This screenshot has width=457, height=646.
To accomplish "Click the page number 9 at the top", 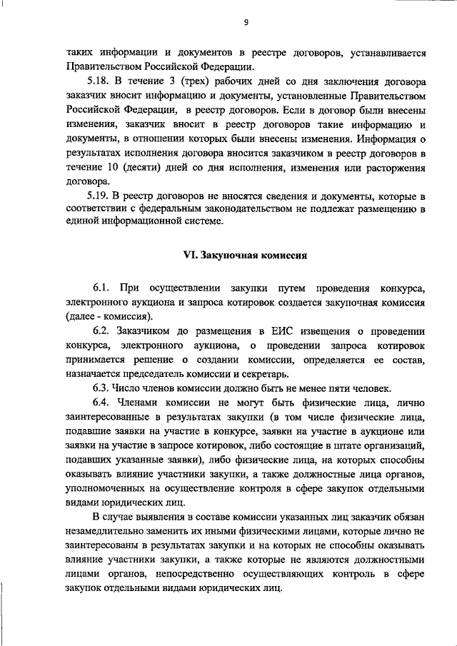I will click(x=246, y=22).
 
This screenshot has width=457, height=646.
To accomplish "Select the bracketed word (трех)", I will click(x=176, y=81).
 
